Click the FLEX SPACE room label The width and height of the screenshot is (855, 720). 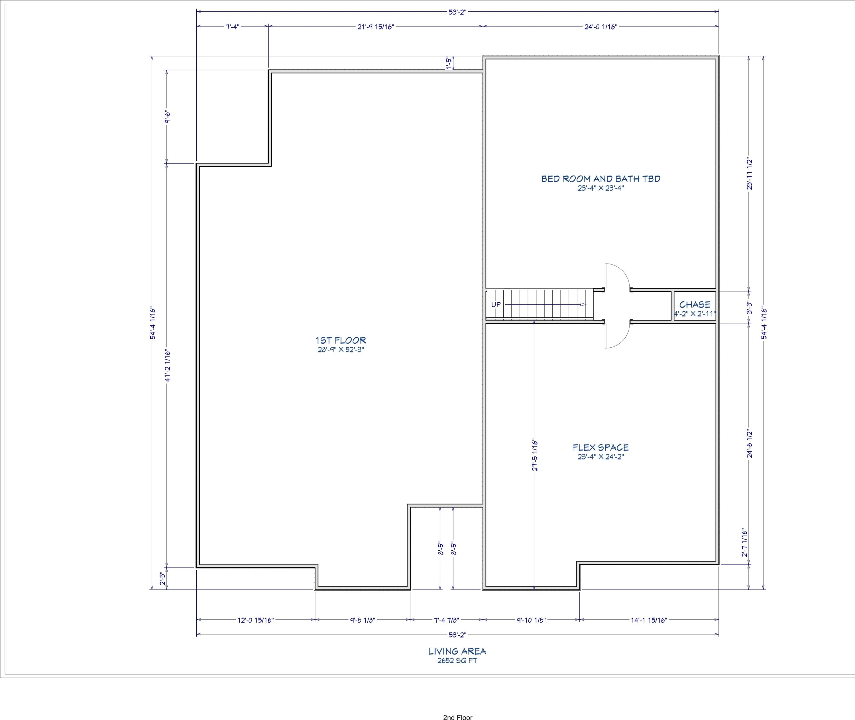(600, 447)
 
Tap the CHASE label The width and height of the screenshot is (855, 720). (695, 305)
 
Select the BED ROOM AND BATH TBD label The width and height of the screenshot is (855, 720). (600, 179)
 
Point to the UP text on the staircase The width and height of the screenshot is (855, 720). (496, 305)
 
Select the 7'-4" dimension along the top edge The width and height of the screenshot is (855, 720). (232, 26)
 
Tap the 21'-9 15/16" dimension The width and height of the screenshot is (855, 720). (376, 26)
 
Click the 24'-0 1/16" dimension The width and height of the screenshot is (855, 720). (600, 26)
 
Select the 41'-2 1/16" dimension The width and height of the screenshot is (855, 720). (167, 365)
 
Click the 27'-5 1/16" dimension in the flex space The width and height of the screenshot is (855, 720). (535, 455)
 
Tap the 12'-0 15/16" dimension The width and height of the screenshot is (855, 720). (256, 620)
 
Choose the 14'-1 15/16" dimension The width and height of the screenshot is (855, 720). (649, 620)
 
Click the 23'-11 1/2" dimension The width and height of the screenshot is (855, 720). (749, 174)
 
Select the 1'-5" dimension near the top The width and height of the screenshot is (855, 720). (449, 63)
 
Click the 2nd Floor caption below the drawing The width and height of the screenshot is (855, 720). (457, 717)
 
